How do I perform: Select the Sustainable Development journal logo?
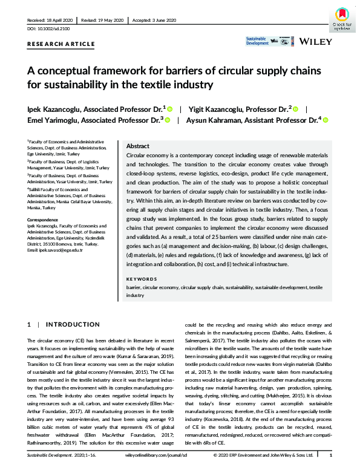257,41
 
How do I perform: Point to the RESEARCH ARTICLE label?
61,44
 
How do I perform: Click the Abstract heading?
138,146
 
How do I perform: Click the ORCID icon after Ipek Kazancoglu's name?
170,109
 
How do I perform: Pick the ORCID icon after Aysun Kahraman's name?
325,120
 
